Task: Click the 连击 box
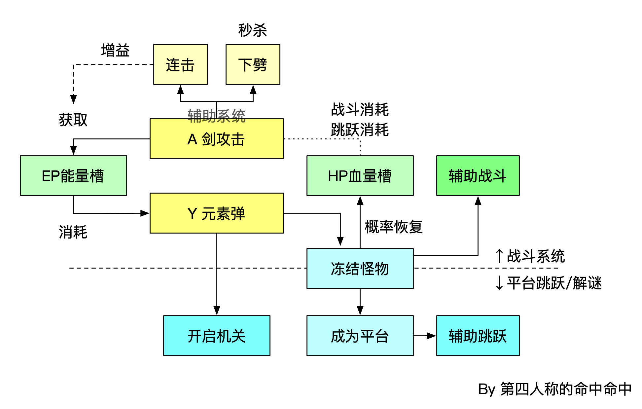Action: tap(180, 64)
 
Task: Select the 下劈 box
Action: tap(253, 64)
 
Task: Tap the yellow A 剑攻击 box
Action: tap(216, 139)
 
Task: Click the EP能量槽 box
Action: tap(73, 175)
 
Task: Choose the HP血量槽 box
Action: tap(360, 175)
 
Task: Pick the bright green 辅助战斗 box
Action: tap(478, 175)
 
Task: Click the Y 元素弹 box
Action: tap(216, 213)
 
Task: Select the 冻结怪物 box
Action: tap(360, 269)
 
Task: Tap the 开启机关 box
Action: tap(216, 336)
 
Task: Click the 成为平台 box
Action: tap(360, 336)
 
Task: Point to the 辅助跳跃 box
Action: tap(478, 336)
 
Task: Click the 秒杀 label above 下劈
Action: tap(253, 30)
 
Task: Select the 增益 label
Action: tap(115, 51)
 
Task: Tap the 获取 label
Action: tap(73, 120)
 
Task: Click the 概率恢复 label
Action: tap(394, 227)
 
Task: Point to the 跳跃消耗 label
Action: tap(360, 130)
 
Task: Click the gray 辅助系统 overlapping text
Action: tap(216, 116)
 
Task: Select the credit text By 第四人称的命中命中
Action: tap(554, 389)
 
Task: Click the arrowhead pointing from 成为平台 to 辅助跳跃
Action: tap(432, 336)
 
